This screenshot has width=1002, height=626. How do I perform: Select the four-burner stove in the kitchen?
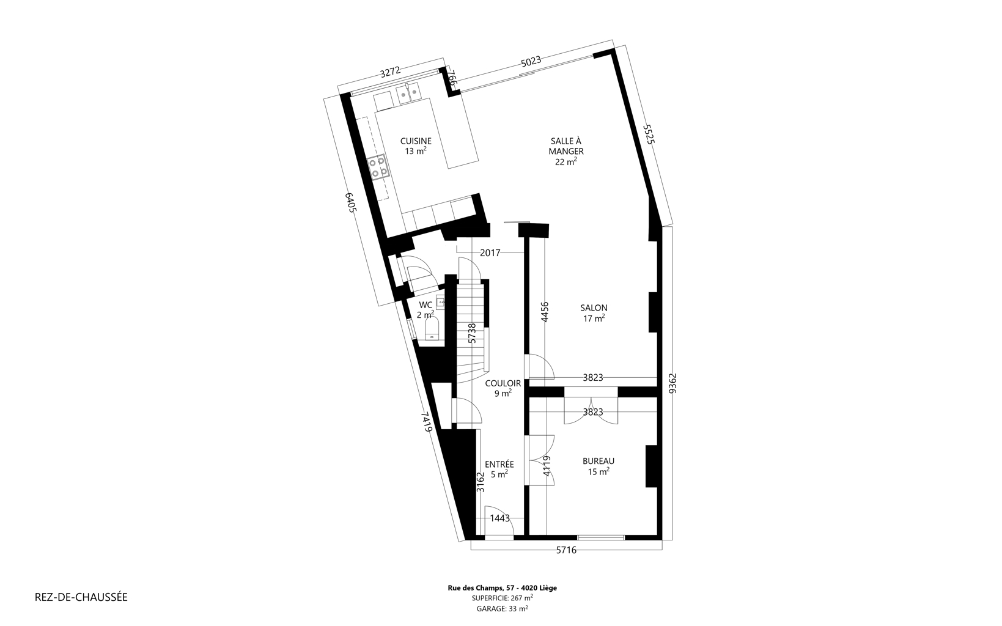pos(377,167)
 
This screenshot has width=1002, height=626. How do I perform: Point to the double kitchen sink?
pos(408,94)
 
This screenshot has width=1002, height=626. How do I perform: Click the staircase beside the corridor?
pos(471,331)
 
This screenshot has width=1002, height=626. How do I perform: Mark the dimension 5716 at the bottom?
pos(566,550)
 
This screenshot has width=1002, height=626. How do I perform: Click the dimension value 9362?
pos(672,383)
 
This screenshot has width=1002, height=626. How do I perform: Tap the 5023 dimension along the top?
pos(531,61)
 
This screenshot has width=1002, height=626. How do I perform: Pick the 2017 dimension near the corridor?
pos(490,253)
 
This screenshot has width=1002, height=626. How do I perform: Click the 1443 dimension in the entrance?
pos(499,518)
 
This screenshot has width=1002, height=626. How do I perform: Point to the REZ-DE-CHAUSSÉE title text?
pos(81,597)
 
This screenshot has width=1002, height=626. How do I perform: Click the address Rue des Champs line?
pos(503,588)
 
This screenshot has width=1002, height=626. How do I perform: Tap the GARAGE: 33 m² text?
pos(503,608)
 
